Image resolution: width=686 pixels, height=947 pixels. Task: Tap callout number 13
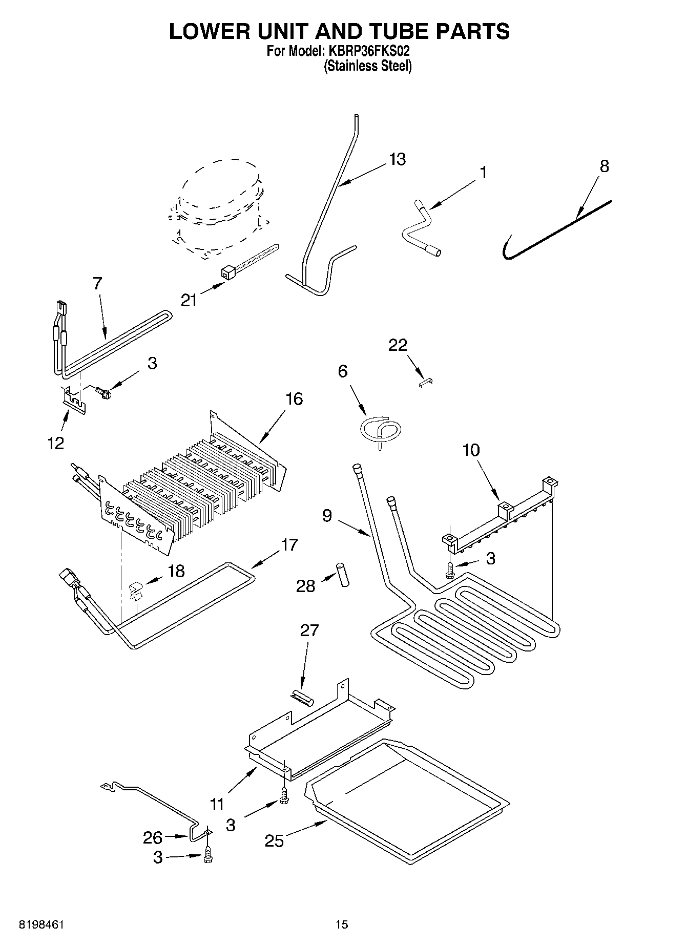(x=397, y=159)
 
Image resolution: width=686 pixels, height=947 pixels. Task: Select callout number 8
(x=604, y=166)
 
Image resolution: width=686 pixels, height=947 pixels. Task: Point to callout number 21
(x=189, y=299)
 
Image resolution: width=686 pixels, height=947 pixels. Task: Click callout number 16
(x=294, y=398)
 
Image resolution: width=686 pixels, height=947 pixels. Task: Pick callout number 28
(x=306, y=585)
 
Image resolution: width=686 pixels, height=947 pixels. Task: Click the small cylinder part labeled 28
(x=342, y=575)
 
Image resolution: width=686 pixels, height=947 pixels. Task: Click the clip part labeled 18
(x=136, y=591)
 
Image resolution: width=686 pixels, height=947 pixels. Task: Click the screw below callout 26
(x=207, y=855)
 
